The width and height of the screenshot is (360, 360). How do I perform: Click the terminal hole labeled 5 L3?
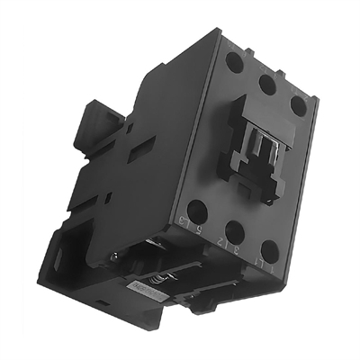197,212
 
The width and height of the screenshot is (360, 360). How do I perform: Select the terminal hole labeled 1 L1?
270,251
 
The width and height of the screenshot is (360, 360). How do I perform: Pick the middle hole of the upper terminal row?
266,85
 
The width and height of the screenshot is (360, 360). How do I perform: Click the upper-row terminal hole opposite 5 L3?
234,63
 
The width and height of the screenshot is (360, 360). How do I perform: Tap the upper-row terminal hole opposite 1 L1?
298,105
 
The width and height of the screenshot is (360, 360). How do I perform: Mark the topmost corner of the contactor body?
220,29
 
